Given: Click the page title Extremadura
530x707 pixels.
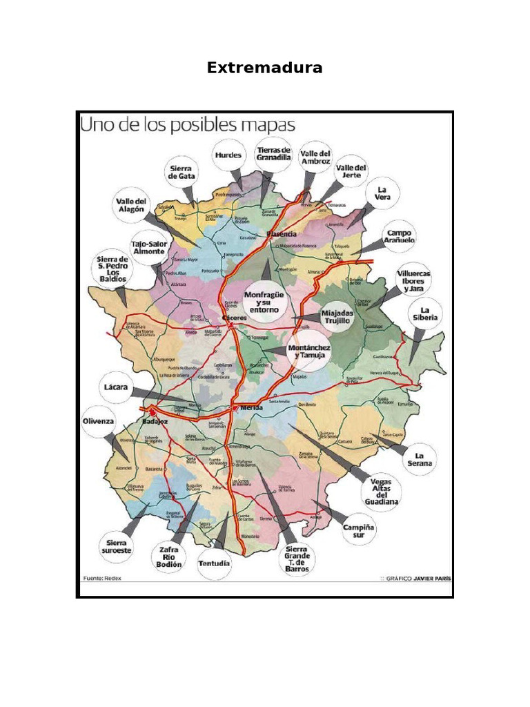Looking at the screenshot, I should (x=265, y=68).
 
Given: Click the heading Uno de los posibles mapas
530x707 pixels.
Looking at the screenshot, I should (x=188, y=125).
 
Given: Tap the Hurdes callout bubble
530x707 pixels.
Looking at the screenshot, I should (x=228, y=155).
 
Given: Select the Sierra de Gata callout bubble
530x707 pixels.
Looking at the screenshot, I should (x=182, y=172).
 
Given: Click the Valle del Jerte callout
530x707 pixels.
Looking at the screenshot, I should (x=351, y=171).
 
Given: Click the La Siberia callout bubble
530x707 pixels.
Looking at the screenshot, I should (x=425, y=314).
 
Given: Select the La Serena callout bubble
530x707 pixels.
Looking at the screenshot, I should (x=420, y=458).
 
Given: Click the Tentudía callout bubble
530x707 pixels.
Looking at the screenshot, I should (x=215, y=563).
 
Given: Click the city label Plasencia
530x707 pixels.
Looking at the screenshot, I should (x=282, y=235).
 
